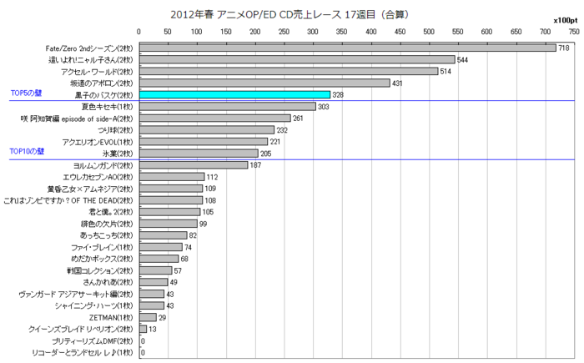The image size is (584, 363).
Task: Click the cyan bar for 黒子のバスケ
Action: coord(234,95)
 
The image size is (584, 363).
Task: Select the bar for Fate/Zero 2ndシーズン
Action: coord(347,48)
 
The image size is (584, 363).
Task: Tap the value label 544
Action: coord(462,60)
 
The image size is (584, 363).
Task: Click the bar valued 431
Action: coord(264,83)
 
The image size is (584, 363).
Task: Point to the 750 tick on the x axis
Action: coord(574,32)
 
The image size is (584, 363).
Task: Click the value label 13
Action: coord(153,330)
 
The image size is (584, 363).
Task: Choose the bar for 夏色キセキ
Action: coord(227,107)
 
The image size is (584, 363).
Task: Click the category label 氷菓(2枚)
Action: coord(116,154)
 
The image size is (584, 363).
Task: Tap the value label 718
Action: coord(563,48)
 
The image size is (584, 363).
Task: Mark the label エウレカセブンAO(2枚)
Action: coord(101,177)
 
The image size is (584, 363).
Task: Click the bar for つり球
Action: coord(207,130)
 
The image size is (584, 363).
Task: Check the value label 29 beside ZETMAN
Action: coord(162,318)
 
